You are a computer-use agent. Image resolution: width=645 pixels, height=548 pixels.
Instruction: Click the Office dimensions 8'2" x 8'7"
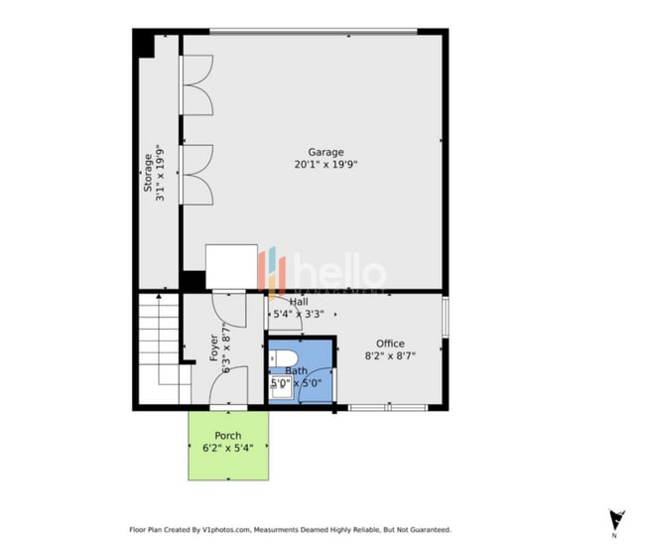coord(388,355)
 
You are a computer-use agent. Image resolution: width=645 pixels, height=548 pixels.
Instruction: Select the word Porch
coord(227,436)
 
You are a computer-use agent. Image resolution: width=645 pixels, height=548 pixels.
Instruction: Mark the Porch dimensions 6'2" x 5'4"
coord(227,448)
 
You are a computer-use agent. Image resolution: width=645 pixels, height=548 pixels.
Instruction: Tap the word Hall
coord(298,302)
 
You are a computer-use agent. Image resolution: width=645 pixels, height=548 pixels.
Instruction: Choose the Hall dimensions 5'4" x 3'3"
coord(299,314)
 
